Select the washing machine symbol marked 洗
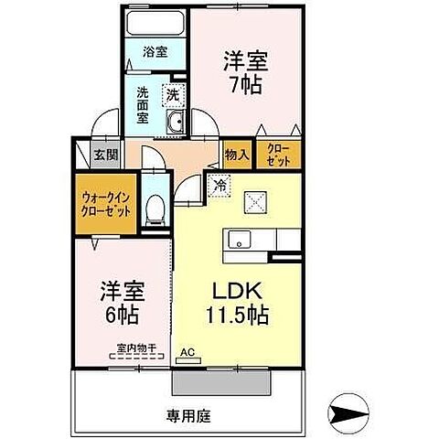(x=172, y=94)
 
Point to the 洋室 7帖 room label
(x=243, y=71)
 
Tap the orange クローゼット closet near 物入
(x=277, y=155)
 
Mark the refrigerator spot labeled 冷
(x=219, y=186)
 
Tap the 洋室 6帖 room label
(x=123, y=306)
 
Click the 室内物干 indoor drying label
(x=137, y=348)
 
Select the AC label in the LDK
(x=188, y=351)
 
